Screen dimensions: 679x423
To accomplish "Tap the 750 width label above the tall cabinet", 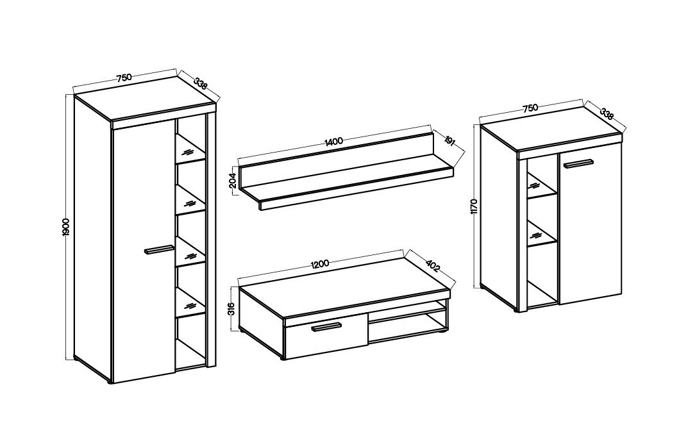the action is [123, 78].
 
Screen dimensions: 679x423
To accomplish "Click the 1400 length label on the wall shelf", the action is [333, 141].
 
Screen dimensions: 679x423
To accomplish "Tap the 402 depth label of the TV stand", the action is [433, 265].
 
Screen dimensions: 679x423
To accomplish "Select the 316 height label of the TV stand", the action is [231, 308].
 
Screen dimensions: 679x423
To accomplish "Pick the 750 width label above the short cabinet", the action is [530, 108].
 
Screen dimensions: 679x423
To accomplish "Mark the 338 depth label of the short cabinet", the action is [607, 113].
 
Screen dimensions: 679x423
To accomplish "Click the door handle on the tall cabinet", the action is [159, 250].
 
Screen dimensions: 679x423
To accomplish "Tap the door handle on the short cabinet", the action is [578, 163].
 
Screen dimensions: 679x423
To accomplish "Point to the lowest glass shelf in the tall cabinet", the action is [190, 303].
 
